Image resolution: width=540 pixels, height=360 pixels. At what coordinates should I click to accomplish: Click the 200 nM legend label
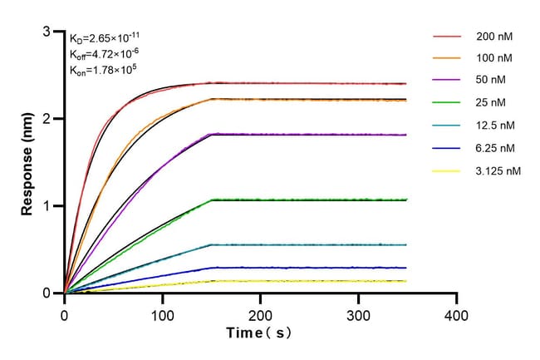[x=493, y=37]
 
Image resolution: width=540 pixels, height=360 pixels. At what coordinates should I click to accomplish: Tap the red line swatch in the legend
[x=446, y=37]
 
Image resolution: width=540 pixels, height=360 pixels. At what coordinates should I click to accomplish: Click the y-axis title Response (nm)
[x=28, y=162]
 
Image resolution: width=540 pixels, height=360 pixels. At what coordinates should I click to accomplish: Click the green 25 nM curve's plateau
[x=307, y=200]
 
